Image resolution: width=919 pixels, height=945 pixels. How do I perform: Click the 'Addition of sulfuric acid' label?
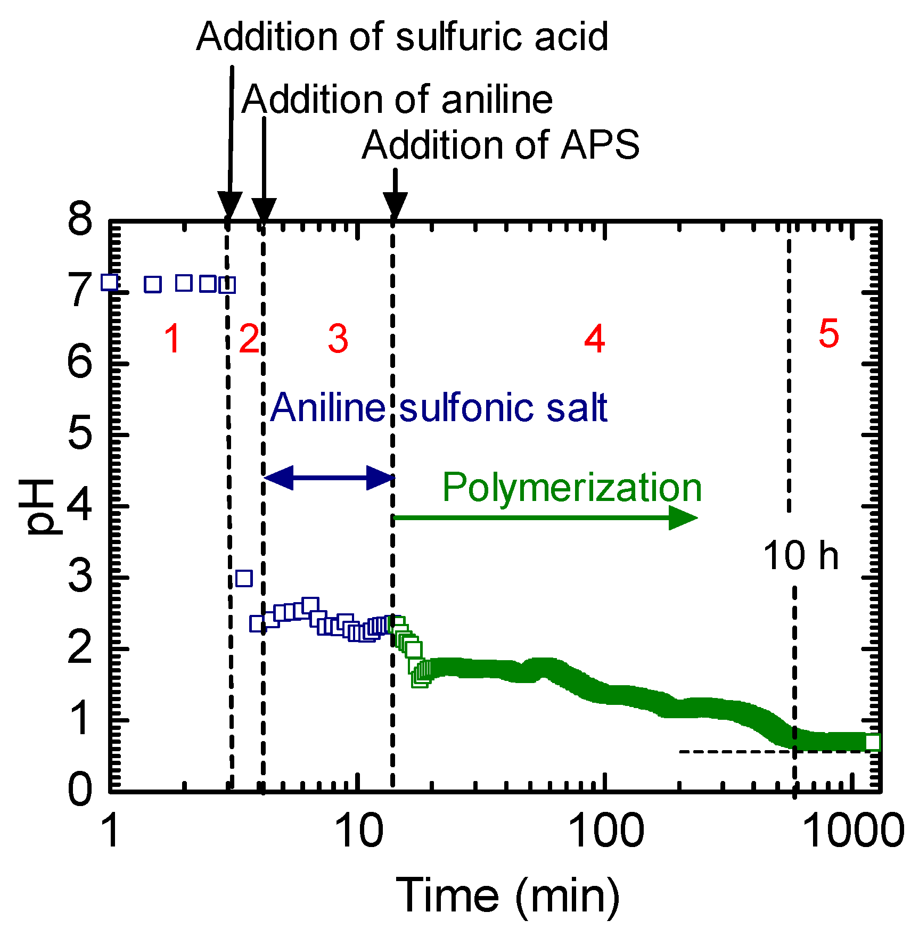coord(402,36)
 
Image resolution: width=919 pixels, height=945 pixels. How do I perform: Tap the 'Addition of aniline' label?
coord(397,100)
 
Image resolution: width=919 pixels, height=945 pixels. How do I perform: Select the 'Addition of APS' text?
coord(500,145)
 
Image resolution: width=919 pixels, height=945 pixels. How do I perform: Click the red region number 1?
coord(172,339)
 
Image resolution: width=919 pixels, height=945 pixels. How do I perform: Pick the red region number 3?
coord(338,339)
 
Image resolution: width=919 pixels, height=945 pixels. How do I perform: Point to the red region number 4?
coord(595,339)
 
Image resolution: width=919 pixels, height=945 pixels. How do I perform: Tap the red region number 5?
coord(828,334)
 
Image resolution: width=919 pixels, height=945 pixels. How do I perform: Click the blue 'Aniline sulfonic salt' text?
coord(438,408)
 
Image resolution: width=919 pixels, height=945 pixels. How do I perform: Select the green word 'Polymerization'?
coord(572,487)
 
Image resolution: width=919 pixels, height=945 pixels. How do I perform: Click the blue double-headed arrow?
coord(329,477)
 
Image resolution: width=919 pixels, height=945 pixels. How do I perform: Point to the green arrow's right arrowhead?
coord(683,517)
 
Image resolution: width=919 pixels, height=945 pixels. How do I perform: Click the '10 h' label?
coord(801,556)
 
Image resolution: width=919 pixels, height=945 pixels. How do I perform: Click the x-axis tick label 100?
coord(606,831)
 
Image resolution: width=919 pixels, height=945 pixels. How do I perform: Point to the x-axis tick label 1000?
coord(852,831)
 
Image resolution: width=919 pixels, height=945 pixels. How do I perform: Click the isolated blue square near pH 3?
coord(244,578)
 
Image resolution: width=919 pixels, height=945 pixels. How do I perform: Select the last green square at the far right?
coord(872,742)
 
